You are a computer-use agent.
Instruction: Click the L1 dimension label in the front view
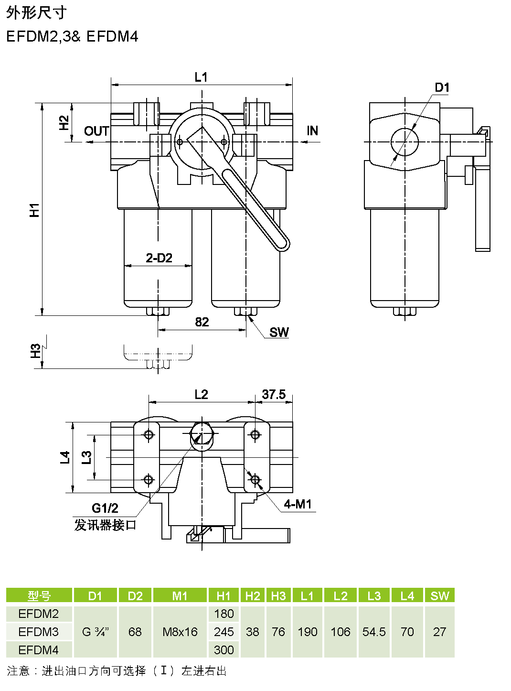[x=201, y=77]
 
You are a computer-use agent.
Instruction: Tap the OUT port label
[x=96, y=131]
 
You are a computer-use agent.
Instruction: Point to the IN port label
[x=312, y=131]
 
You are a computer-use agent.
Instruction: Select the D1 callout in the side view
[x=442, y=88]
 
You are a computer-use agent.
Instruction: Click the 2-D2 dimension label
[x=159, y=258]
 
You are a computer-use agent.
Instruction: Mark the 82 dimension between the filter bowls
[x=202, y=322]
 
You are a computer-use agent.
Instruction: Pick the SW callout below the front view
[x=279, y=333]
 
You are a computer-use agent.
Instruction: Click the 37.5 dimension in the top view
[x=274, y=395]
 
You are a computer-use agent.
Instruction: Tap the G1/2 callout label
[x=105, y=508]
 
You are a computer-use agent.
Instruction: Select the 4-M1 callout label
[x=298, y=505]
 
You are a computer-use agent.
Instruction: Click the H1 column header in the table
[x=223, y=596]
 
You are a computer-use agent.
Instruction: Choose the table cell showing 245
[x=224, y=632]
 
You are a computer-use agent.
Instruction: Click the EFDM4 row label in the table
[x=39, y=650]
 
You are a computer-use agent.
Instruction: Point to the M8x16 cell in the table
[x=180, y=632]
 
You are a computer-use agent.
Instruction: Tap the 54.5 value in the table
[x=374, y=632]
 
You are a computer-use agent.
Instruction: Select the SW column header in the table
[x=439, y=596]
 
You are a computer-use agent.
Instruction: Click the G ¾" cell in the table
[x=96, y=632]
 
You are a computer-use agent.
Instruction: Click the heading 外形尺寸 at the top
[x=36, y=13]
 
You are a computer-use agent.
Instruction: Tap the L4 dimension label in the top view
[x=65, y=457]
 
